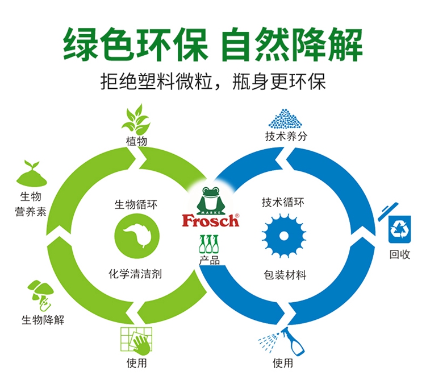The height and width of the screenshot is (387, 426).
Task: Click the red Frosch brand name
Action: point(211,220)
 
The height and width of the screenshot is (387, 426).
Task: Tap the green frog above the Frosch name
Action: point(210,200)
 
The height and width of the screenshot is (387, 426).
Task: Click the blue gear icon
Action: point(283,236)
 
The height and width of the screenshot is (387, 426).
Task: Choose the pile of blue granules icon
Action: point(285,118)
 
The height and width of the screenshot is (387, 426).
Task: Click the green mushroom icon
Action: point(41,295)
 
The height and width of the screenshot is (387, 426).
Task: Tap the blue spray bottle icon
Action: point(282,341)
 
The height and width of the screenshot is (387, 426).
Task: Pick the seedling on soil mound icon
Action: point(32,173)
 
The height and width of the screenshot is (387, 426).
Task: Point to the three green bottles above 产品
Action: point(208,244)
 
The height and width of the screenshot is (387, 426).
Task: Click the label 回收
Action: point(400,254)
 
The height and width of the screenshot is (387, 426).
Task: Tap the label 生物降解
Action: point(43,320)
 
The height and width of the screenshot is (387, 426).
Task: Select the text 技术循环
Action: point(283,203)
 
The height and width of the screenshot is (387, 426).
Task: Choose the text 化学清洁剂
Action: point(135,274)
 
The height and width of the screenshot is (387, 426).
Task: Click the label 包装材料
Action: point(285,275)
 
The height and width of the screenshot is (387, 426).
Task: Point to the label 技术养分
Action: point(286,136)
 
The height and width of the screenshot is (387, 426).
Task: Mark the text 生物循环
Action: point(136,204)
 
